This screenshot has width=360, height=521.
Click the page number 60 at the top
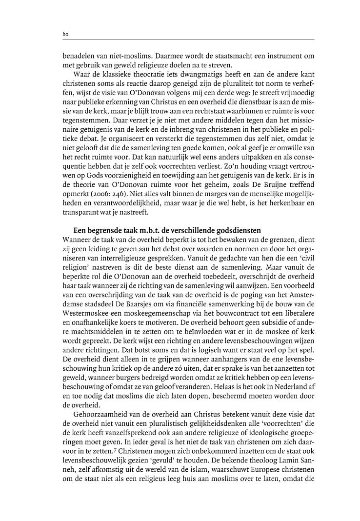click(65, 34)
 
